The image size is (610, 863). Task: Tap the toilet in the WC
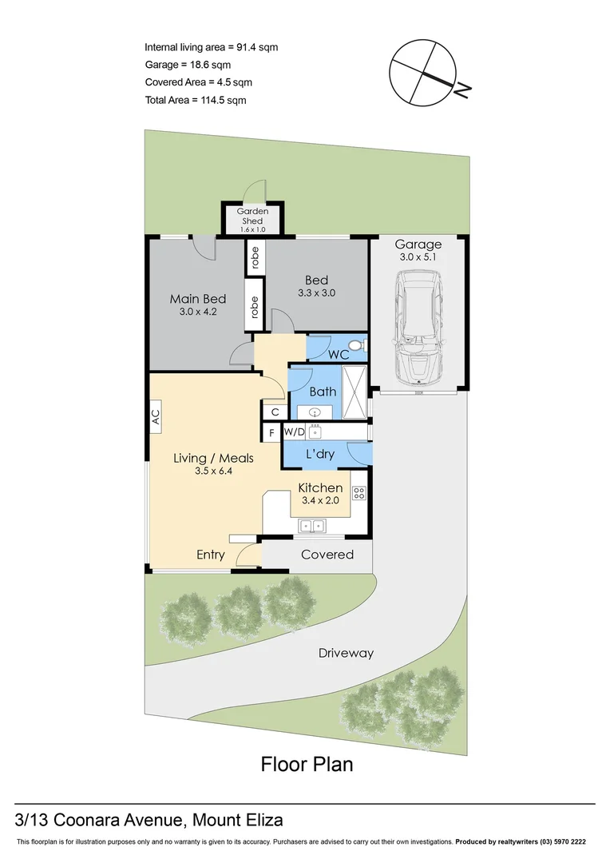pos(359,346)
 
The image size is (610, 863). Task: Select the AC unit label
pos(156,417)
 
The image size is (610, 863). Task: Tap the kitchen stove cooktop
pos(359,494)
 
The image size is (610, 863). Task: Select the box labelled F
pos(272,433)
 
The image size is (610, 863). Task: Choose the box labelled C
pos(274,412)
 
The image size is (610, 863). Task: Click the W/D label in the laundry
pos(295,432)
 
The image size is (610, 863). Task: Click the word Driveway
pos(346,653)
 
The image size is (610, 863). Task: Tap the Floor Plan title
pos(307,764)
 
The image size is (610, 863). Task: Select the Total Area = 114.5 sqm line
pos(196,100)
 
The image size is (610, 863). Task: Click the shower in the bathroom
pos(353,392)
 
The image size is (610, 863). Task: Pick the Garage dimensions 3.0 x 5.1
pos(418,257)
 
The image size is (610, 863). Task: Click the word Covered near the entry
pos(327,554)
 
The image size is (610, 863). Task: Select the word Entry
pos(211,555)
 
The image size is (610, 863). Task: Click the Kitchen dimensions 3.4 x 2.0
pos(320,501)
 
